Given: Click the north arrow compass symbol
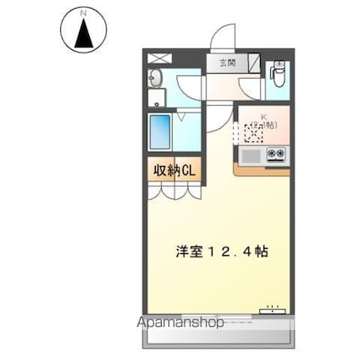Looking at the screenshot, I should tap(83, 34).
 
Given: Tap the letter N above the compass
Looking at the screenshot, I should tap(83, 14).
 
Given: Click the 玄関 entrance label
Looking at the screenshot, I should tap(228, 63).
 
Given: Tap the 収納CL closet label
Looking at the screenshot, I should tap(174, 170).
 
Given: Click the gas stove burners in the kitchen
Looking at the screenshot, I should tap(275, 154).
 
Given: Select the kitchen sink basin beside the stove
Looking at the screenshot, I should tap(251, 155).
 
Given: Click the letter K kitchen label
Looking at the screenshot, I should tap(263, 117).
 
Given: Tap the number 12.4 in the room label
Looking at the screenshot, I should tap(229, 252).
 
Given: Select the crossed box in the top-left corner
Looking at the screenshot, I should tap(158, 58).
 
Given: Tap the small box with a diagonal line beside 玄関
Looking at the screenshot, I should tap(251, 63).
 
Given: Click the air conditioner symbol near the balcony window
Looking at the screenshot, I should tap(272, 308).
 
